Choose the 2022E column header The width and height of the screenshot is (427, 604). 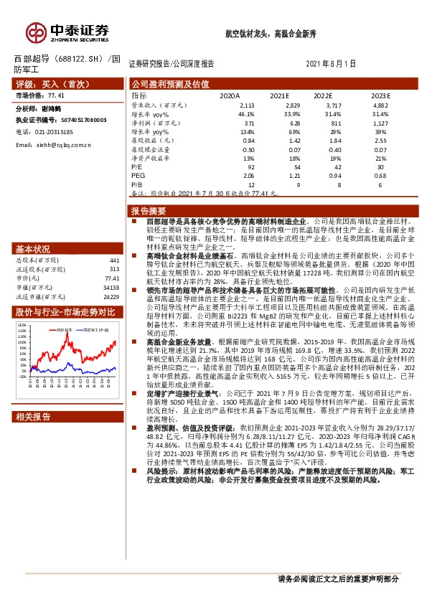323,95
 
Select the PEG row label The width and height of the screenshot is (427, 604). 138,176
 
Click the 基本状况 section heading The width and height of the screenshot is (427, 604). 30,249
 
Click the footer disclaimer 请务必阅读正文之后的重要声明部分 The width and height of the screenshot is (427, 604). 337,579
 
